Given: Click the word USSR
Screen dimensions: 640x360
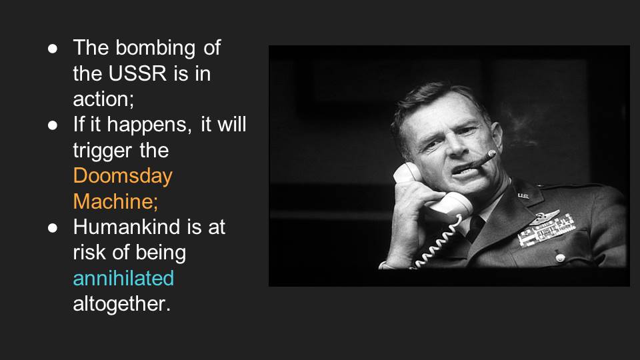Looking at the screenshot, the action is pyautogui.click(x=137, y=73).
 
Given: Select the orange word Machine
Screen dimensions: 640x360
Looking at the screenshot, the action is pyautogui.click(x=113, y=201).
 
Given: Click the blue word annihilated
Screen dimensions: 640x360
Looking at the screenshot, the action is pyautogui.click(x=123, y=278).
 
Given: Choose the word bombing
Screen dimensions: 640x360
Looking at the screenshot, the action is pyautogui.click(x=155, y=49).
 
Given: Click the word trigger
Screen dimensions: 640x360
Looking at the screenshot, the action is pyautogui.click(x=103, y=151).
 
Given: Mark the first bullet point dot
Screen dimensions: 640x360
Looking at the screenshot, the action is pyautogui.click(x=52, y=49).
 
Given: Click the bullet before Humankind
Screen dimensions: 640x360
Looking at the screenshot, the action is pyautogui.click(x=52, y=228).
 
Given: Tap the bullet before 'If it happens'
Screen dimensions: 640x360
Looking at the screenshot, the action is pyautogui.click(x=52, y=125).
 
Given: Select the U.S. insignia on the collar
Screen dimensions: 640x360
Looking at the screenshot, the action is pyautogui.click(x=523, y=196).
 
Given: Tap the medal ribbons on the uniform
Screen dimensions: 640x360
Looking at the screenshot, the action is pyautogui.click(x=547, y=231).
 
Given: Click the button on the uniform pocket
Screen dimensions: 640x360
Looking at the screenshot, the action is pyautogui.click(x=561, y=257).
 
